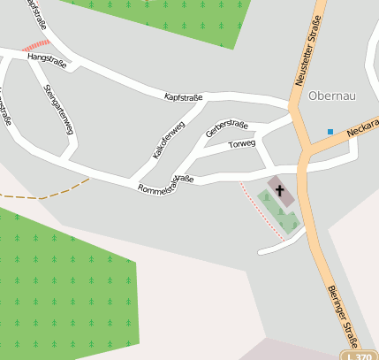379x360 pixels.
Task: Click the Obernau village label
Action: click(x=330, y=95)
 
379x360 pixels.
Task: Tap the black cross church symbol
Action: click(x=280, y=189)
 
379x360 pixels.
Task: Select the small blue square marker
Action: click(x=330, y=132)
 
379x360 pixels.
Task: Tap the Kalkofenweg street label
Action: click(x=168, y=140)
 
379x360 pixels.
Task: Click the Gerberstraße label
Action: click(x=226, y=128)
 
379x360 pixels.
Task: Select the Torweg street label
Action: click(x=241, y=143)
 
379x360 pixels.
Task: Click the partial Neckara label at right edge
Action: click(x=362, y=129)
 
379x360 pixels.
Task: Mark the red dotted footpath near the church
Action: click(x=262, y=211)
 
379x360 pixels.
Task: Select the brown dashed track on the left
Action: click(x=53, y=193)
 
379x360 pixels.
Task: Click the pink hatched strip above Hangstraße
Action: click(x=35, y=44)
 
